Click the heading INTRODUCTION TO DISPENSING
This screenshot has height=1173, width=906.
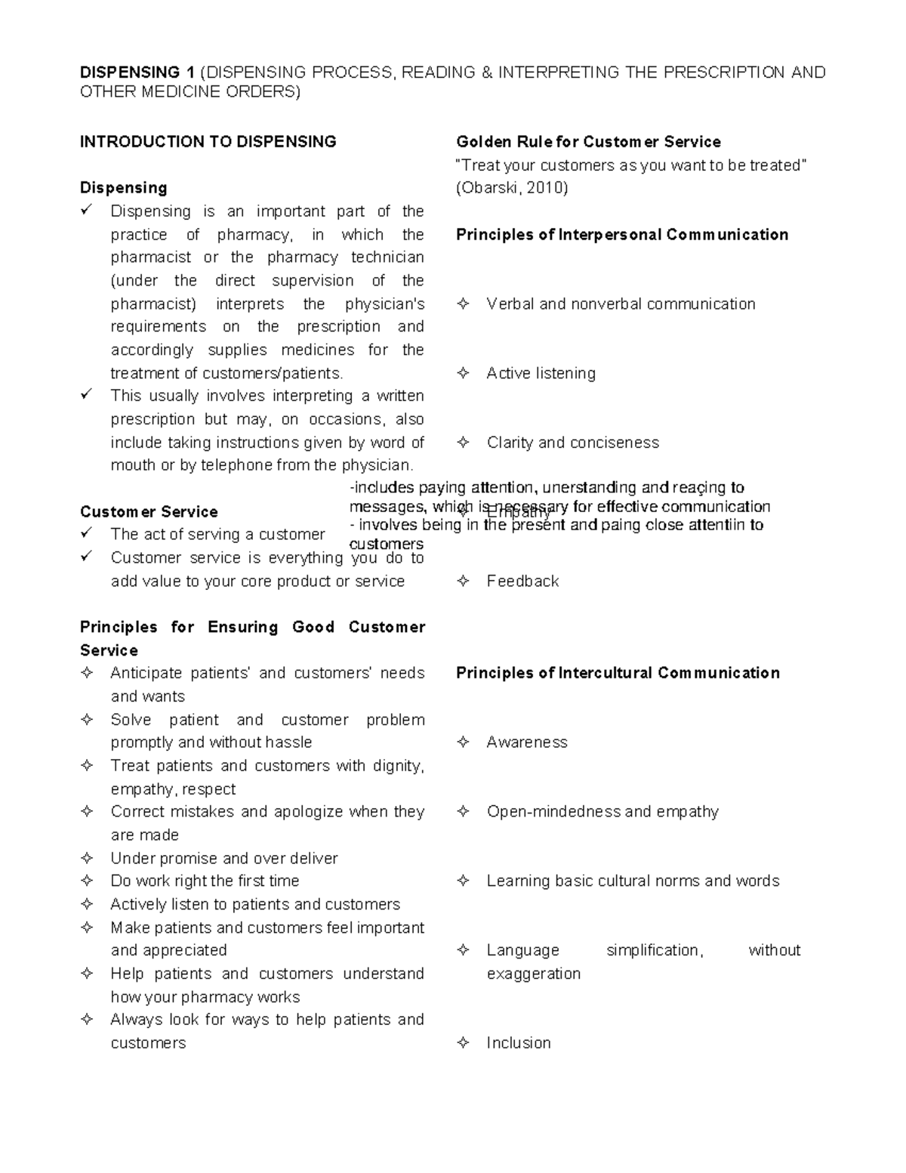(208, 142)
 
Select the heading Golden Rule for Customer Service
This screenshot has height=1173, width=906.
(588, 142)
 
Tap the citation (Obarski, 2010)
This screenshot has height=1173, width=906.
(511, 188)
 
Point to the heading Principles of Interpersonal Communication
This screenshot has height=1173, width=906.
(621, 235)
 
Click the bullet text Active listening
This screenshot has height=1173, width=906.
(541, 373)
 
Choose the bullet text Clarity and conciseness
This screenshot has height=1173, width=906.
(572, 443)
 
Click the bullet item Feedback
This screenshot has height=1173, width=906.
(522, 581)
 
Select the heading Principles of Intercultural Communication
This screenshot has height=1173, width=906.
(618, 673)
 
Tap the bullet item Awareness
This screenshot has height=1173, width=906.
(526, 742)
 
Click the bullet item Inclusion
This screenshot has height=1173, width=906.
(518, 1042)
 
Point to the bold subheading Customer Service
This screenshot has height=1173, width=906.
(149, 511)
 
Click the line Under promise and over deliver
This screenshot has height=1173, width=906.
(223, 858)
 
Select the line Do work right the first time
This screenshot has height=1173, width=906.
(205, 881)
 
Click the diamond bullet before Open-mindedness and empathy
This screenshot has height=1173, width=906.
(463, 811)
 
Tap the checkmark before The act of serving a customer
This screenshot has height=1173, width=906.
(87, 533)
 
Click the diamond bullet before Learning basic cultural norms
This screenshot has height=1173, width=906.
(463, 881)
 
